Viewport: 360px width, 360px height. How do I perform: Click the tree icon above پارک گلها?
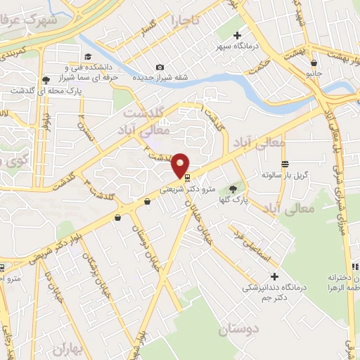(233, 188)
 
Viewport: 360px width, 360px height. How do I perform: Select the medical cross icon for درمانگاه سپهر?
(238, 35)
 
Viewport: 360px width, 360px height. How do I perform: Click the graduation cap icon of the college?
(87, 57)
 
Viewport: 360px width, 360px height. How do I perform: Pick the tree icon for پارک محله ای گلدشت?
(46, 80)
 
